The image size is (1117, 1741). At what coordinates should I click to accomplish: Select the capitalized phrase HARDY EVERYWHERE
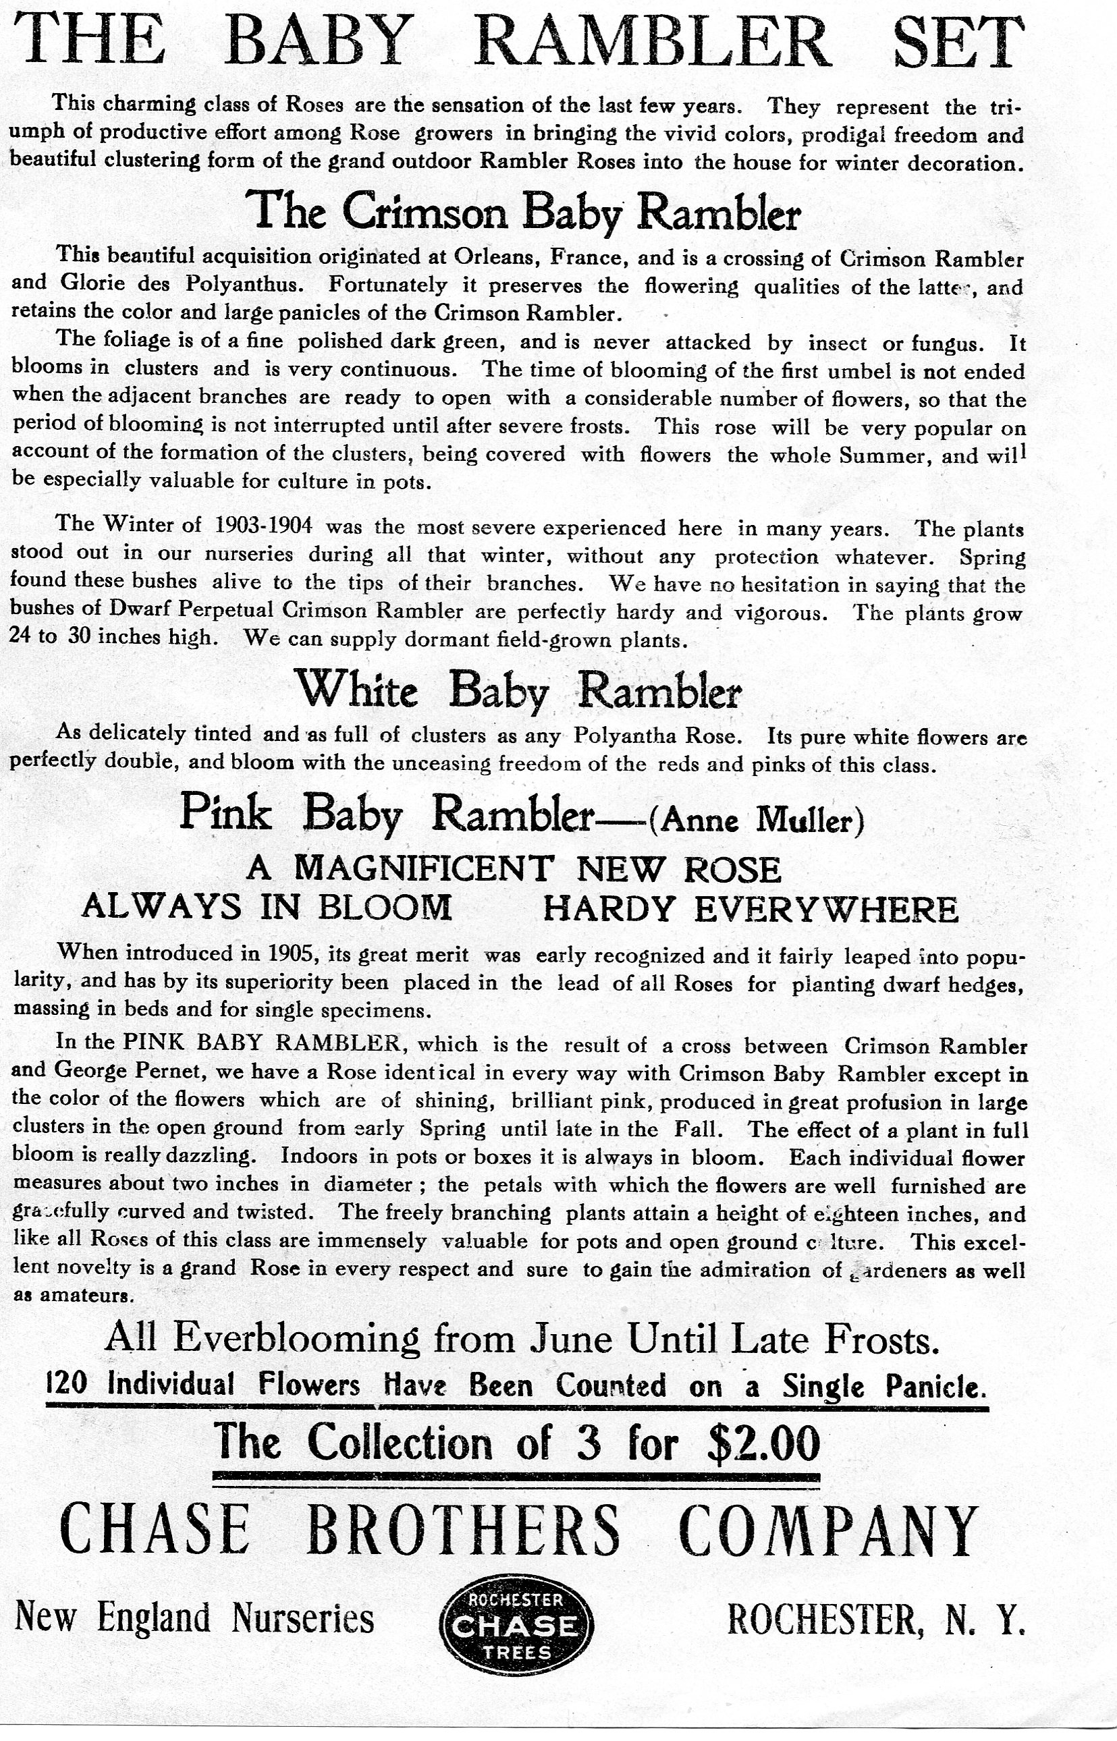tap(750, 908)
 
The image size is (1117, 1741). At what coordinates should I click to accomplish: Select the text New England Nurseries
tap(194, 1618)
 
